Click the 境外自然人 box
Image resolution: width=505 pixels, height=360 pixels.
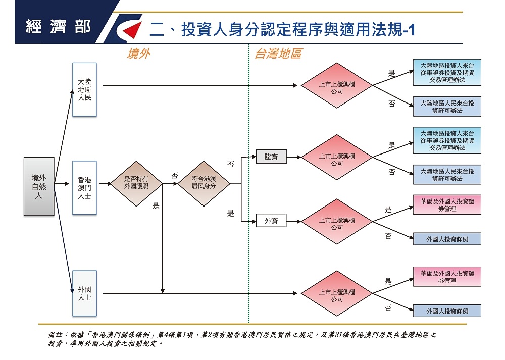point(39,186)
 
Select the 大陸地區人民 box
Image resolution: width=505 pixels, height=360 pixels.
point(84,89)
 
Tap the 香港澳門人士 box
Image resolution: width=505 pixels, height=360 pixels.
point(84,188)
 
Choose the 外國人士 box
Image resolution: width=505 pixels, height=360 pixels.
point(84,293)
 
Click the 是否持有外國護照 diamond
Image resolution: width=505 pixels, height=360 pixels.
point(136,184)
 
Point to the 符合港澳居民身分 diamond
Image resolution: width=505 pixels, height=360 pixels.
point(204,184)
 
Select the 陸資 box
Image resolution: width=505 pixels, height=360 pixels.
point(271,157)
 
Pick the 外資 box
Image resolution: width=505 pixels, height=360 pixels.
point(271,221)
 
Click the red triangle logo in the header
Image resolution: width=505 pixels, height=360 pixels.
point(131,30)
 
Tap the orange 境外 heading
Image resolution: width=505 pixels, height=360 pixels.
point(138,54)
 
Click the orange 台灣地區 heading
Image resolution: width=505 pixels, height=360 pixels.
point(278,54)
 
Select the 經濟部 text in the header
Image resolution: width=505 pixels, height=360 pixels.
point(58,26)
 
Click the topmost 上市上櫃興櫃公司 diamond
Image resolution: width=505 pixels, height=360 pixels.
point(337,85)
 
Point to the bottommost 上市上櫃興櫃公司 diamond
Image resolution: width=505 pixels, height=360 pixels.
point(337,293)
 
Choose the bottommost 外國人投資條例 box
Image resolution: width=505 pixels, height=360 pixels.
point(447,311)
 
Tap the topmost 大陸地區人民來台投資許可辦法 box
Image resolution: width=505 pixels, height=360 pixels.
point(447,107)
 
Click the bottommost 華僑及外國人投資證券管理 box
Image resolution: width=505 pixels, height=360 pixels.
point(447,277)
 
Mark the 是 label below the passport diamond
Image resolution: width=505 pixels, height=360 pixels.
point(156,206)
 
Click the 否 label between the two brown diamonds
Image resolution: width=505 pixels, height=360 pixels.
point(175,176)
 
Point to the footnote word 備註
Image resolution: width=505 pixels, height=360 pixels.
point(55,335)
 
